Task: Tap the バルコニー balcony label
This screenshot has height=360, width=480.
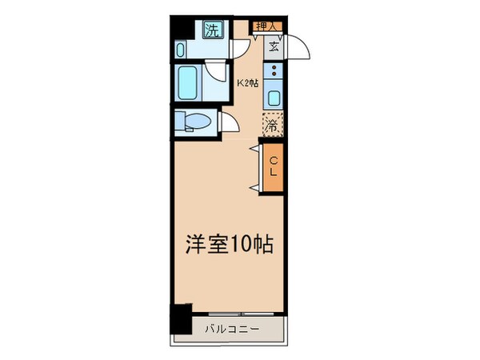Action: click(x=228, y=329)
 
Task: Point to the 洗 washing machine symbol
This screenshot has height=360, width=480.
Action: click(x=213, y=31)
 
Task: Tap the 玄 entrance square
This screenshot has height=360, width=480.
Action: click(x=274, y=46)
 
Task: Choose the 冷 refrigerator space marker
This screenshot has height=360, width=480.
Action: click(x=273, y=124)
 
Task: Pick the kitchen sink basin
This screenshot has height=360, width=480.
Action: click(x=274, y=99)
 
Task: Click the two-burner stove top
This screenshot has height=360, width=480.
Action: click(x=274, y=74)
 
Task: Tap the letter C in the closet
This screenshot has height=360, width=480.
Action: click(x=273, y=158)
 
